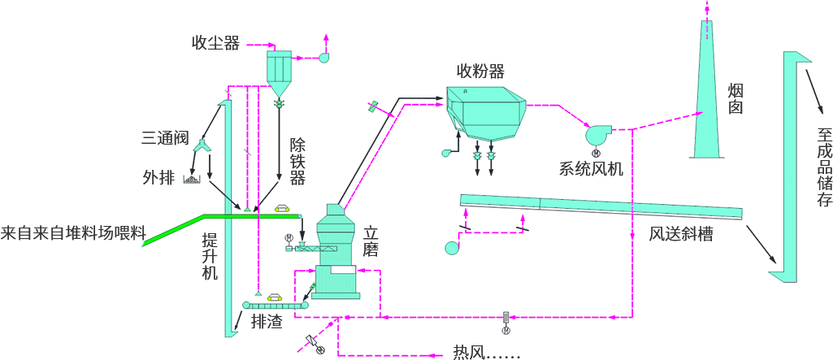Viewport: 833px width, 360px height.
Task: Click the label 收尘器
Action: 215,43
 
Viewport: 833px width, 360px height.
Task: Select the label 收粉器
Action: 480,71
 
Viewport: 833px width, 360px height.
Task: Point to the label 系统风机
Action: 591,169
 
